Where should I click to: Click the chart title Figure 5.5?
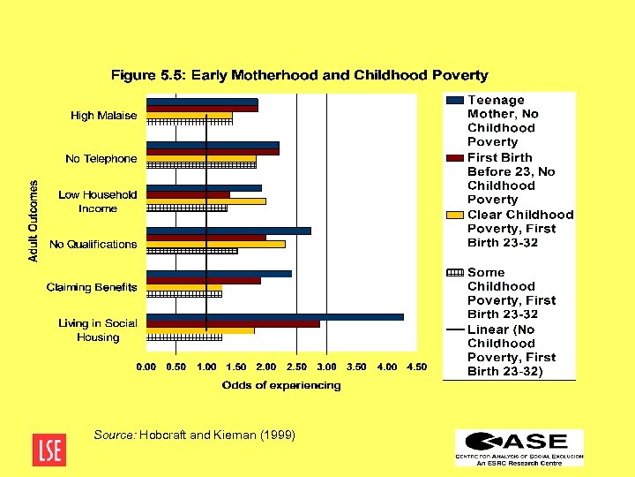click(299, 75)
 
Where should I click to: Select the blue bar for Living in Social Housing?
click(274, 316)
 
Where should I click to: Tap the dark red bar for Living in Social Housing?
click(233, 323)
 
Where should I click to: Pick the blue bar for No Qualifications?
click(228, 231)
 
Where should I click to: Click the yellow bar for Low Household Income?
click(205, 201)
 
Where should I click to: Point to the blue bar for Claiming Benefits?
click(219, 274)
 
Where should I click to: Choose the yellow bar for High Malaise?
click(189, 116)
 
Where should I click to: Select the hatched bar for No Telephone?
click(201, 165)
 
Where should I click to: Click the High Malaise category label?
click(104, 116)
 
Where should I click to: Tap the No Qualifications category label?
click(93, 245)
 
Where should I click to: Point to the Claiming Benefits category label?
click(92, 287)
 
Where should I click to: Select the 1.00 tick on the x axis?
click(206, 367)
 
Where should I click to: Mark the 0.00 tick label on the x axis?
click(146, 367)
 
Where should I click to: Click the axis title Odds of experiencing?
click(281, 385)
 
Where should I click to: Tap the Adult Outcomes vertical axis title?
click(34, 221)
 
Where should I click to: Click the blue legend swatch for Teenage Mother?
click(455, 101)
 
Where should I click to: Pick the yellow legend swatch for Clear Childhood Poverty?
click(455, 215)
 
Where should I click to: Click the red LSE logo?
click(48, 449)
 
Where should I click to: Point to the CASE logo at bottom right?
click(519, 448)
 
